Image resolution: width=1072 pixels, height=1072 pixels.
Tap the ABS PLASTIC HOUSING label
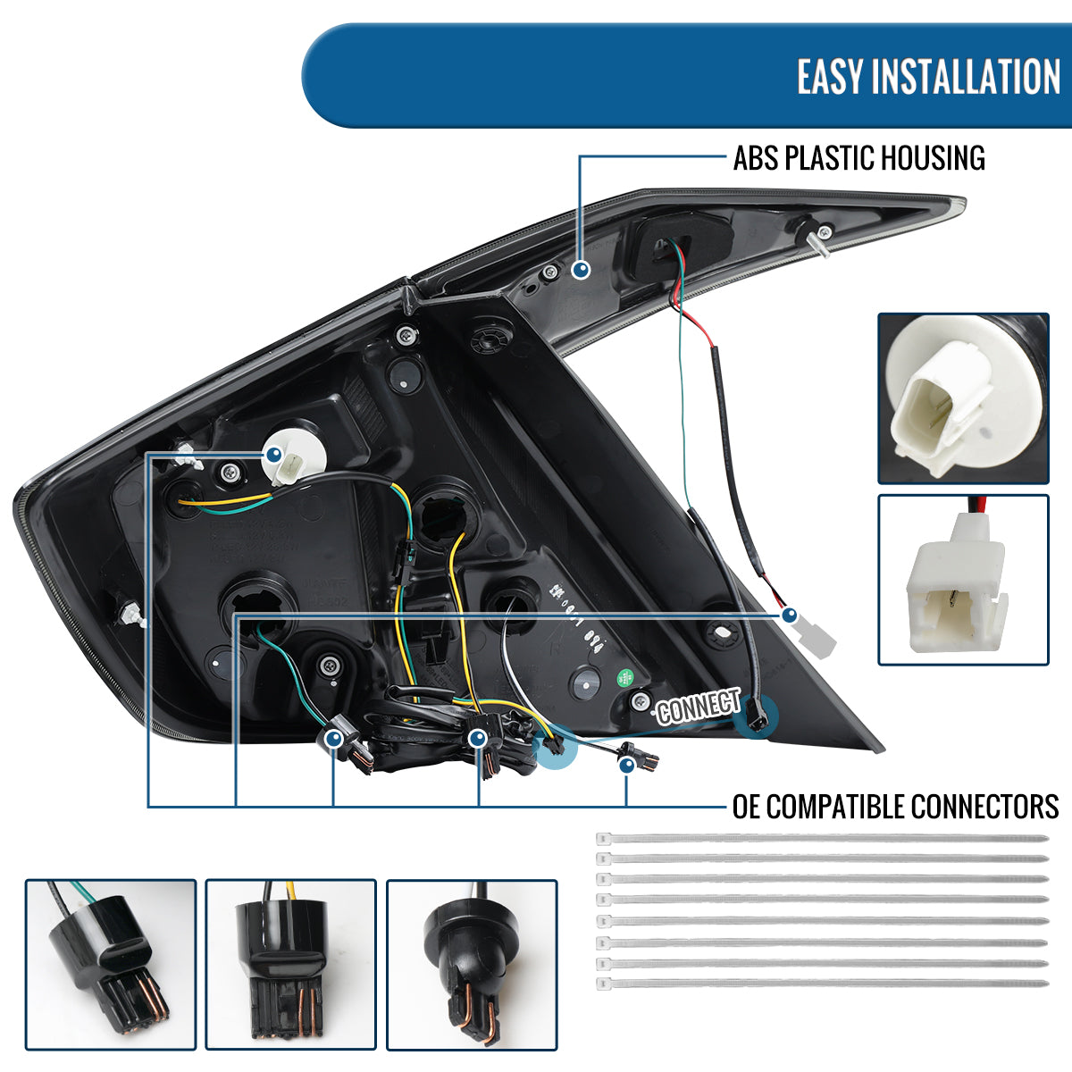pos(858,158)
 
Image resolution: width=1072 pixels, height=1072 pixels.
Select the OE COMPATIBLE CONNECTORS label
pos(895,807)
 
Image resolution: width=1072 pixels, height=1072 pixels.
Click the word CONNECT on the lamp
pos(699,708)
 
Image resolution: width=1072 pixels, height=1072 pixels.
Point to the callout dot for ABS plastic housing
pos(581,268)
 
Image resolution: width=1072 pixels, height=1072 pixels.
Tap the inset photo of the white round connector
pos(963,398)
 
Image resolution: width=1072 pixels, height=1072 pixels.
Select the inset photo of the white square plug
pos(963,580)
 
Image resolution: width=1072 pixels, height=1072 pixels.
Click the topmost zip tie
pos(822,839)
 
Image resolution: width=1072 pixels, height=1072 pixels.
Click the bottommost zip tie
pos(822,983)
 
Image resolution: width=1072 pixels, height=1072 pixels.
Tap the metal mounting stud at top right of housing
pos(820,239)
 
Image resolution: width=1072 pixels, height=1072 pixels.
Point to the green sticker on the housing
pos(626,676)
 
